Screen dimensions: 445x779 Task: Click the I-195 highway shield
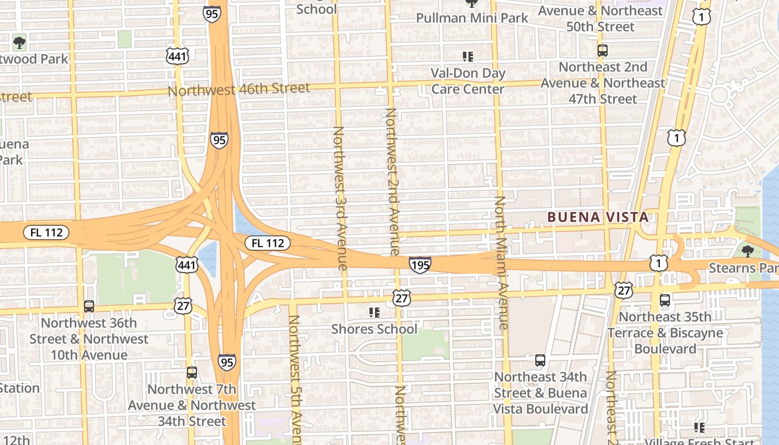[x=420, y=265]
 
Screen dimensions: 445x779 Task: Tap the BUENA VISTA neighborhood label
[x=598, y=217]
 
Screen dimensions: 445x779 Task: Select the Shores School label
[x=374, y=329]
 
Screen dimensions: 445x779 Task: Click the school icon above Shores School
[x=374, y=313]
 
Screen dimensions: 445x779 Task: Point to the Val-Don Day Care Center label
[x=468, y=81]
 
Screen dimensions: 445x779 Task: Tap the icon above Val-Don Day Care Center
[x=468, y=56]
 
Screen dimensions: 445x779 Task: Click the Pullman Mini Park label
[x=472, y=18]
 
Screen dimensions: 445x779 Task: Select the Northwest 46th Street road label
[x=239, y=89]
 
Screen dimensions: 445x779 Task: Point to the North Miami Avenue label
[x=501, y=261]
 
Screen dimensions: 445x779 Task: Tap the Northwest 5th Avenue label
[x=294, y=378]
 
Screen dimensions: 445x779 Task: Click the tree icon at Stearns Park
[x=747, y=251]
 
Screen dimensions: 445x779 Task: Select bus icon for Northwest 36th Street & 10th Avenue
[x=88, y=306]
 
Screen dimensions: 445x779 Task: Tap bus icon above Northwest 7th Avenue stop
[x=192, y=373]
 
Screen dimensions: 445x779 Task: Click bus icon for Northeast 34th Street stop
[x=540, y=360]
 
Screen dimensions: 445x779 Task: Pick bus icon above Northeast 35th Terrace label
[x=664, y=300]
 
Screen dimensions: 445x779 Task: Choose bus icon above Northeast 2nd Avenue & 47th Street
[x=602, y=51]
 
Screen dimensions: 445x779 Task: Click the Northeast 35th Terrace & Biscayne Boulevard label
[x=665, y=333]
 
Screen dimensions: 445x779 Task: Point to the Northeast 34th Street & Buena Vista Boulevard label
[x=540, y=393]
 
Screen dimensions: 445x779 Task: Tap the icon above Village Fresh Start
[x=699, y=428]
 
